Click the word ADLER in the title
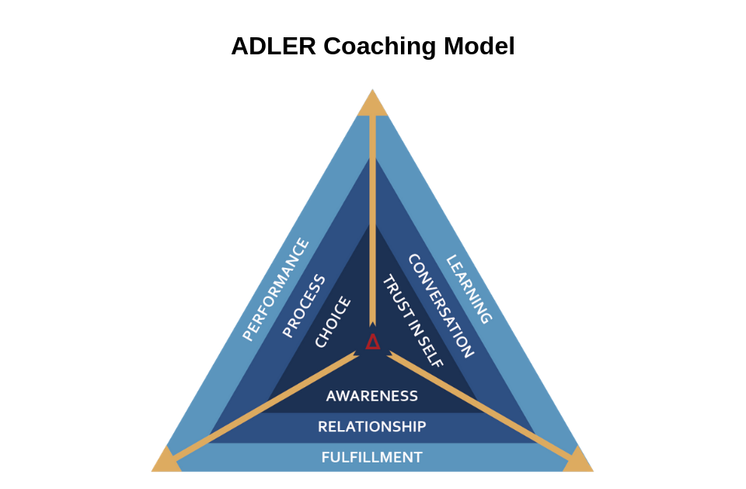[274, 47]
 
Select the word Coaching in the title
[380, 47]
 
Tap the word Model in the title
[479, 47]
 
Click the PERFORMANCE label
[276, 290]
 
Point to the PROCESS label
[304, 306]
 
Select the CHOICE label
[333, 321]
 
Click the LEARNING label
[468, 290]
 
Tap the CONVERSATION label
[441, 306]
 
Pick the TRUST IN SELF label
[413, 321]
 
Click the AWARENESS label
[372, 396]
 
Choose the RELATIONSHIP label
[372, 427]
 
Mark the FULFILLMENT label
[372, 458]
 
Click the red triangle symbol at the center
[373, 342]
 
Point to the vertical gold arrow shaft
[372, 219]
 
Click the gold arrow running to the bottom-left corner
[266, 405]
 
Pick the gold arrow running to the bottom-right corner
[480, 405]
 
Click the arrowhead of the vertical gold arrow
[372, 324]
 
